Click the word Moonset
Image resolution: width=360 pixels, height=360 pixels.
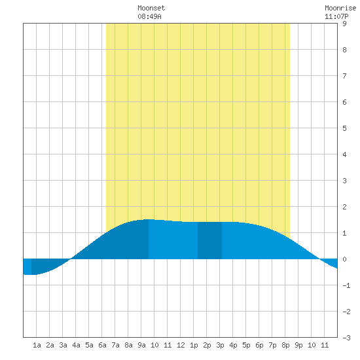click(x=151, y=8)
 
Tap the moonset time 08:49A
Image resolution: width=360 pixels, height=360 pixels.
click(x=149, y=16)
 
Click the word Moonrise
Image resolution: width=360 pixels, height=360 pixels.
click(x=340, y=8)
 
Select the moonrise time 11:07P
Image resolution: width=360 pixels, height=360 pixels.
click(x=336, y=16)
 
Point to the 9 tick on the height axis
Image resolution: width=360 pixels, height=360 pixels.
click(x=344, y=24)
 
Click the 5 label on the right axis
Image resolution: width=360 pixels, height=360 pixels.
click(x=344, y=128)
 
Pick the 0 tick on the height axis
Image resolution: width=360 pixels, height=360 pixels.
click(x=344, y=259)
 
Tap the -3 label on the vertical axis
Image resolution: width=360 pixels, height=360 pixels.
click(x=346, y=338)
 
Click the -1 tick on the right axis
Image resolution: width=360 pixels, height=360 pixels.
click(x=346, y=285)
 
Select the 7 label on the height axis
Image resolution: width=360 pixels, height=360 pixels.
click(x=344, y=76)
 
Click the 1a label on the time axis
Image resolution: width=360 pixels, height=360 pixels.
click(x=37, y=345)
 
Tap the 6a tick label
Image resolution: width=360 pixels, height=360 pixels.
click(x=102, y=345)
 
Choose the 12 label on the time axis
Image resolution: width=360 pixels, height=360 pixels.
click(x=181, y=345)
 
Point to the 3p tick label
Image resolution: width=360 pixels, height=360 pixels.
click(x=220, y=345)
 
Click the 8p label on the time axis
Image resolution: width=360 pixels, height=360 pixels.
click(x=285, y=345)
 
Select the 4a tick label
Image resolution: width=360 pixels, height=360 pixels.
click(x=76, y=345)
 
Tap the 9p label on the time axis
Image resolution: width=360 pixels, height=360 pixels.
click(x=298, y=345)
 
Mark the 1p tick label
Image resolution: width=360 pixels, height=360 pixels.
click(x=194, y=345)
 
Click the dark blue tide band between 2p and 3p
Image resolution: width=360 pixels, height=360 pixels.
click(x=210, y=241)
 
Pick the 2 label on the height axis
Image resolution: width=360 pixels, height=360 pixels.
click(x=344, y=207)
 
